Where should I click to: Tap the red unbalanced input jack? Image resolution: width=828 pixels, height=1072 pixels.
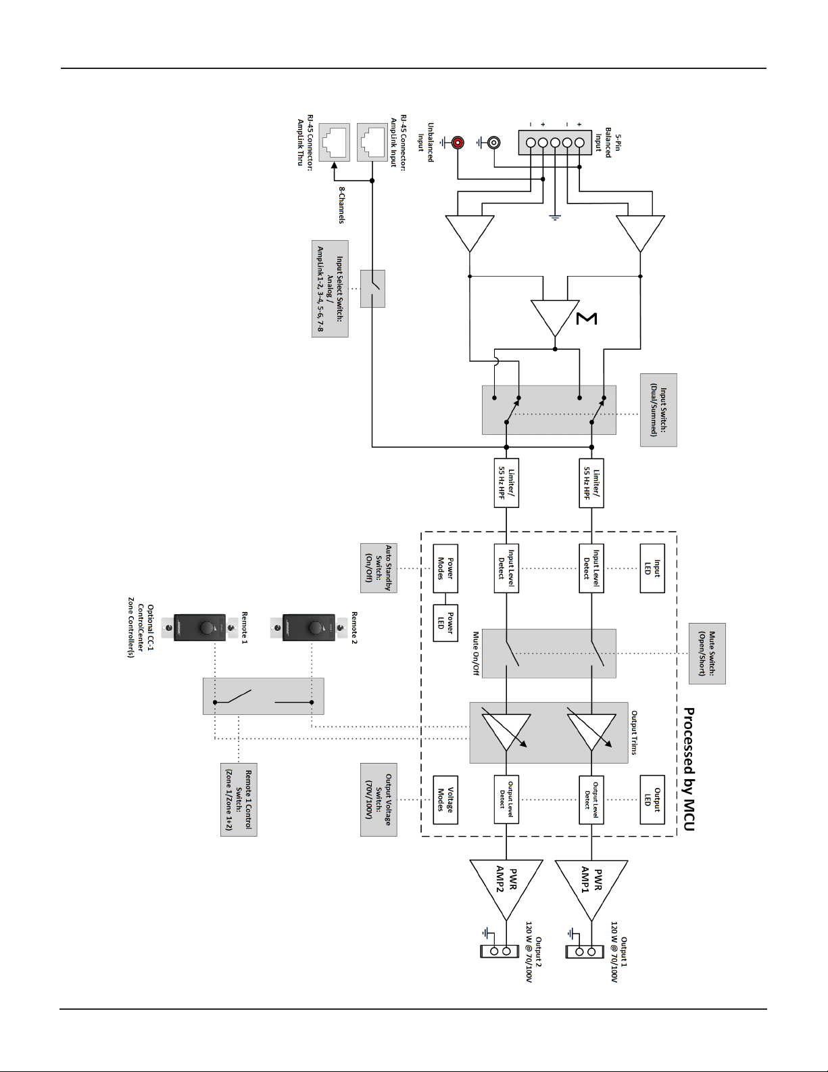coord(458,143)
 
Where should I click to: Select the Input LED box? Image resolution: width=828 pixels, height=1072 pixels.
coord(652,568)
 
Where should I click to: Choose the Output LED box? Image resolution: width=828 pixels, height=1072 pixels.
coord(652,799)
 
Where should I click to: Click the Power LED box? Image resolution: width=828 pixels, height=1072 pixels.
coord(445,623)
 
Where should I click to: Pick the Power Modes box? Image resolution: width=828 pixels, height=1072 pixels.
coord(445,568)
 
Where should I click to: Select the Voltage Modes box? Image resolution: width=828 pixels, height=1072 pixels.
coord(445,799)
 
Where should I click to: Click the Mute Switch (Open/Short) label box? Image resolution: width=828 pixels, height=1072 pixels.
coord(707,653)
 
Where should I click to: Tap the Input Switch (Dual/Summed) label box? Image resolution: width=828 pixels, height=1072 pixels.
coord(658,410)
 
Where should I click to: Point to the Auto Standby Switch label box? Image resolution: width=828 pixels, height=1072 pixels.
coord(379,568)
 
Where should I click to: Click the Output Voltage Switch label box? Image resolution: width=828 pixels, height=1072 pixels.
coord(379,799)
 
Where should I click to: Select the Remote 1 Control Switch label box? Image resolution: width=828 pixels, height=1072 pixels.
coord(239,799)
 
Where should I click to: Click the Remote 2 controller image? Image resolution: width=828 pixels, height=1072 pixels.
coord(308,628)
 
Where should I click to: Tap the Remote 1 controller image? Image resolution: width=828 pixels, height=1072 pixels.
coord(199,628)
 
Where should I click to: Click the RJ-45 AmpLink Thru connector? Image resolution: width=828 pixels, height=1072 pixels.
coord(334,142)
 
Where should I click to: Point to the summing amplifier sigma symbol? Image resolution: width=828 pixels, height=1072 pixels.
coord(587,319)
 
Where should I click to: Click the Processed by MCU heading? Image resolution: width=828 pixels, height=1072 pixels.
coord(689,770)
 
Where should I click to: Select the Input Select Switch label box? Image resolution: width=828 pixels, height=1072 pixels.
coord(330,289)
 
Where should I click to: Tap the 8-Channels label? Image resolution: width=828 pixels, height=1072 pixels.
coord(341,205)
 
